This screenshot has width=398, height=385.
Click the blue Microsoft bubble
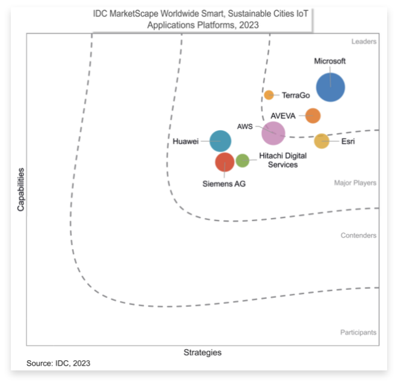pos(331,88)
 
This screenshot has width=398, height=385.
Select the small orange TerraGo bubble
pos(269,95)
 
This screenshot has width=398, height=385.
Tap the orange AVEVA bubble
pos(313,116)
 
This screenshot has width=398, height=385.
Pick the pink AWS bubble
pos(273,133)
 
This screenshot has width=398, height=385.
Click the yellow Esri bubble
pos(321,141)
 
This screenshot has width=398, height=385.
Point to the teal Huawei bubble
pos(220,141)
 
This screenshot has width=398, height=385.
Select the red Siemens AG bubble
pos(224,162)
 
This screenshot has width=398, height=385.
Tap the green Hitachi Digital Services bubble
pos(243,160)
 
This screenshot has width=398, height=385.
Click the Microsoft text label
pos(330,61)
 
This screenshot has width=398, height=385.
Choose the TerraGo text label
pos(296,95)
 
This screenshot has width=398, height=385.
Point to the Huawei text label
pos(186,142)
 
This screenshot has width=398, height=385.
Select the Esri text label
pos(348,142)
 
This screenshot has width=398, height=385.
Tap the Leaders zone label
pos(364,42)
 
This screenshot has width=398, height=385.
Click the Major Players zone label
pos(355,183)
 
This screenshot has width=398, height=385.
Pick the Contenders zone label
pos(359,235)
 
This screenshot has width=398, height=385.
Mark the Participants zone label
pos(358,332)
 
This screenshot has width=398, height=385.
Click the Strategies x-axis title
pos(202,352)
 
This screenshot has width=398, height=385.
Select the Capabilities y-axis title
pos(21,189)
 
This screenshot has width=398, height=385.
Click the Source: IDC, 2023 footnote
pos(58,363)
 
